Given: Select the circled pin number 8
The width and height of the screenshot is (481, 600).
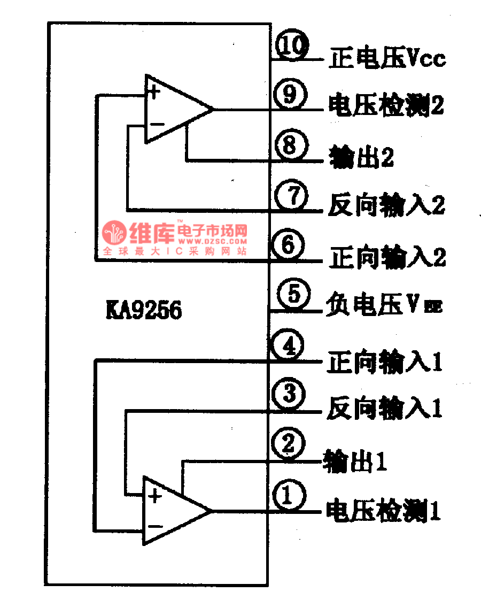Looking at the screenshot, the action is [x=289, y=145].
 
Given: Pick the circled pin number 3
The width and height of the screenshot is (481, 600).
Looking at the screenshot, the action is [x=289, y=395].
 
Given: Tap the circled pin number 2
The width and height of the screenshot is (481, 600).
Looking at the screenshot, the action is [x=288, y=444].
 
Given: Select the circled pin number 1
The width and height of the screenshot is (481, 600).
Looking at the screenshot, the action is [x=288, y=495].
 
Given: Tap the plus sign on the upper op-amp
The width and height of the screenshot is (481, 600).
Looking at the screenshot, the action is [x=153, y=91].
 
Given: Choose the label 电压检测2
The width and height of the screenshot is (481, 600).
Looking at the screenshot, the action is [x=386, y=106].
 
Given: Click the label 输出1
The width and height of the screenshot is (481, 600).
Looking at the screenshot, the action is [x=355, y=461].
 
